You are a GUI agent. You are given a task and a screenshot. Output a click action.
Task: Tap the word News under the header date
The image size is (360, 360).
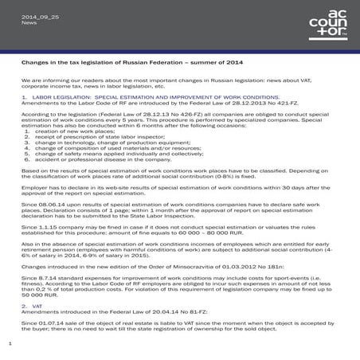[29, 23]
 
